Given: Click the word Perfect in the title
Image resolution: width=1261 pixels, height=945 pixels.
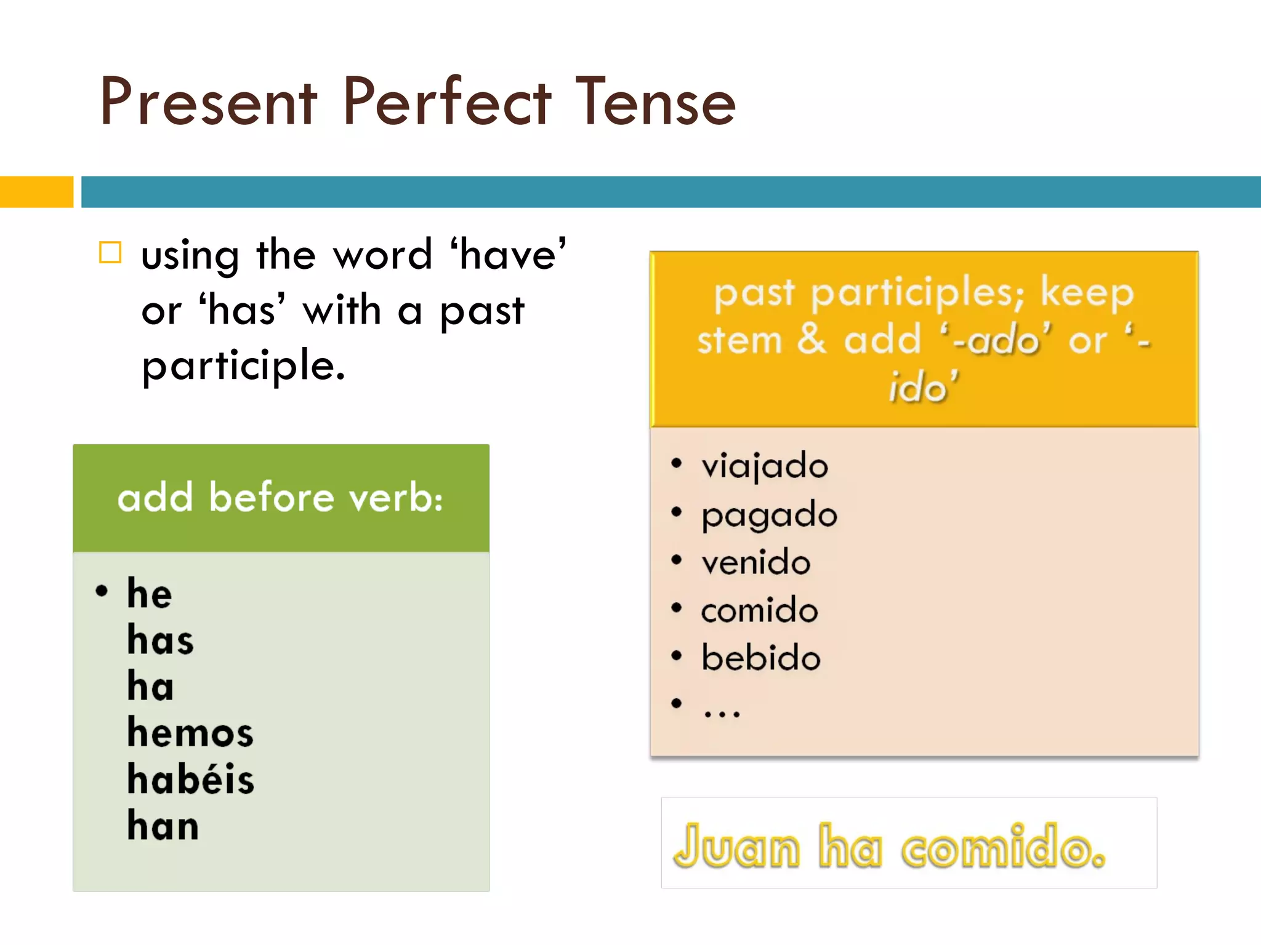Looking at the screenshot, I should pos(446,102).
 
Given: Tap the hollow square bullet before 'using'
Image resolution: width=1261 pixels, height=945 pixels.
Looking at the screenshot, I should pos(111,252).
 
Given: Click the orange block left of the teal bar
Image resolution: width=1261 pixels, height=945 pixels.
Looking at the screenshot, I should pos(36,192).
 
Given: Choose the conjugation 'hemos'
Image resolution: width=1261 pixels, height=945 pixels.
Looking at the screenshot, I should pos(190,733).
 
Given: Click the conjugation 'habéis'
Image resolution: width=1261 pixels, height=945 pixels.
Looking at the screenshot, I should pos(190,779).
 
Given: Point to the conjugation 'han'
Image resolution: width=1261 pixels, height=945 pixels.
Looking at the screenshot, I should pos(163,826).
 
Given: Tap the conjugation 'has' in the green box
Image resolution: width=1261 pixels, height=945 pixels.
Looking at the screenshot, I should pos(160,640).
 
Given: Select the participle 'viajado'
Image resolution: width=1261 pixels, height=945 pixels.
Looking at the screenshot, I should pos(765,466).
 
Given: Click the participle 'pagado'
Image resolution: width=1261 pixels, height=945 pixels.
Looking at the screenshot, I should pos(770,516).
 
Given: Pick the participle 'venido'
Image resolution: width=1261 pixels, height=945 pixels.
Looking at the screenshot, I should pos(756,562).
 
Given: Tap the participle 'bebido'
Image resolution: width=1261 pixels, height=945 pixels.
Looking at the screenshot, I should pos(761,658).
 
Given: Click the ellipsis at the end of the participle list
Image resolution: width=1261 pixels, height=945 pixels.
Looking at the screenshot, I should pos(722,712).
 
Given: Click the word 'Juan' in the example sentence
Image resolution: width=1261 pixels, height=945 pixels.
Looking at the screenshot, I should pos(736,847).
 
